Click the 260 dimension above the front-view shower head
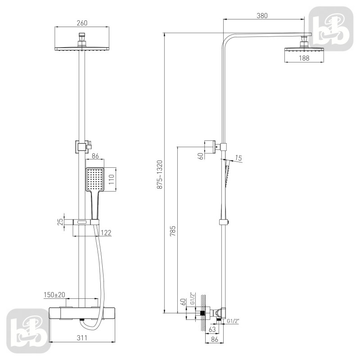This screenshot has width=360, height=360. [82, 23]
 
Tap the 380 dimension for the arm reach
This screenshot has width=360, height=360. [262, 16]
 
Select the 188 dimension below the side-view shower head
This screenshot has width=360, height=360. [304, 58]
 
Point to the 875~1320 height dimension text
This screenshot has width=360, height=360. [160, 175]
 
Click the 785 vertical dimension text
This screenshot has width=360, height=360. [173, 231]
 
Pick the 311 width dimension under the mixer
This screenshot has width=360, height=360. [82, 338]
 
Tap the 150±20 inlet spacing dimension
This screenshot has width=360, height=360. [54, 295]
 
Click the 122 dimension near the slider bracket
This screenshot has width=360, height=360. [106, 233]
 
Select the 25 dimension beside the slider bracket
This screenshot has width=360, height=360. [60, 222]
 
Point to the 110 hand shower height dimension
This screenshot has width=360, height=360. [111, 180]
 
